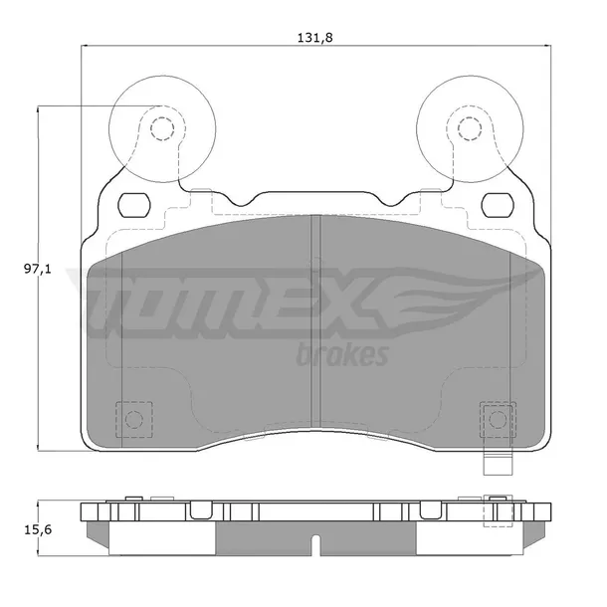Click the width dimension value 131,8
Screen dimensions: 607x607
[314, 38]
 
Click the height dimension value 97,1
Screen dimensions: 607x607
[38, 269]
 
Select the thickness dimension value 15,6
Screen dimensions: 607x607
[38, 529]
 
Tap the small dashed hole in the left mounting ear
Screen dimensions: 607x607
[162, 128]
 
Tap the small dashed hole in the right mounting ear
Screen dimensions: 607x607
[470, 128]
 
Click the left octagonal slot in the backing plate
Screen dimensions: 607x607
[134, 205]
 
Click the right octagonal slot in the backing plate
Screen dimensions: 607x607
[498, 205]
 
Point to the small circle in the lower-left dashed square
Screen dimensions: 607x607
[134, 419]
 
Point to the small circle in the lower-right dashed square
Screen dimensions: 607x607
[498, 419]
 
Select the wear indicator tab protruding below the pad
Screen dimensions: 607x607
[498, 464]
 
